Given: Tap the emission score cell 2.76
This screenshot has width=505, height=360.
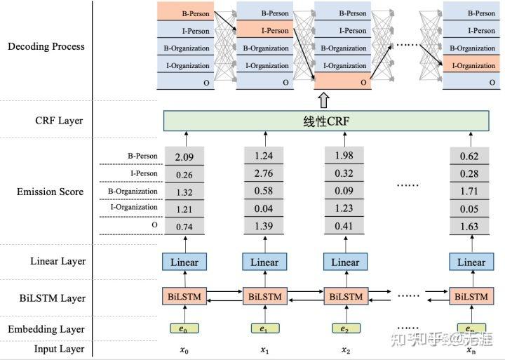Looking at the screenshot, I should (x=264, y=173).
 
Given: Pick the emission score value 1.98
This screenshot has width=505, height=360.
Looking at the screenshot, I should (x=344, y=155).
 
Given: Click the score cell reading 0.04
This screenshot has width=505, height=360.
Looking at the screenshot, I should (x=264, y=208).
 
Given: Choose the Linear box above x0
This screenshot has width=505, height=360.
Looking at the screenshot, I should (x=184, y=262).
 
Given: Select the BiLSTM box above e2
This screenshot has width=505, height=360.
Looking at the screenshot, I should (x=344, y=297).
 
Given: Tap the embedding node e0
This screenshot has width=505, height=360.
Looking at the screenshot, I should (x=184, y=328).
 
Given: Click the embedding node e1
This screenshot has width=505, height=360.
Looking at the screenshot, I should (x=264, y=328).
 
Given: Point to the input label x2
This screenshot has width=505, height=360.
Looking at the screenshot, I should (x=345, y=349).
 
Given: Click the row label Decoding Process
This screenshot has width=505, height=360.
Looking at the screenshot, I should (x=46, y=47).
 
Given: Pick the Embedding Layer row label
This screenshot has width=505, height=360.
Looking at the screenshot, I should (x=46, y=328).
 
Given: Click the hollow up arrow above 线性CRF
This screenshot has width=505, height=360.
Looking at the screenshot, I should (x=323, y=99).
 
